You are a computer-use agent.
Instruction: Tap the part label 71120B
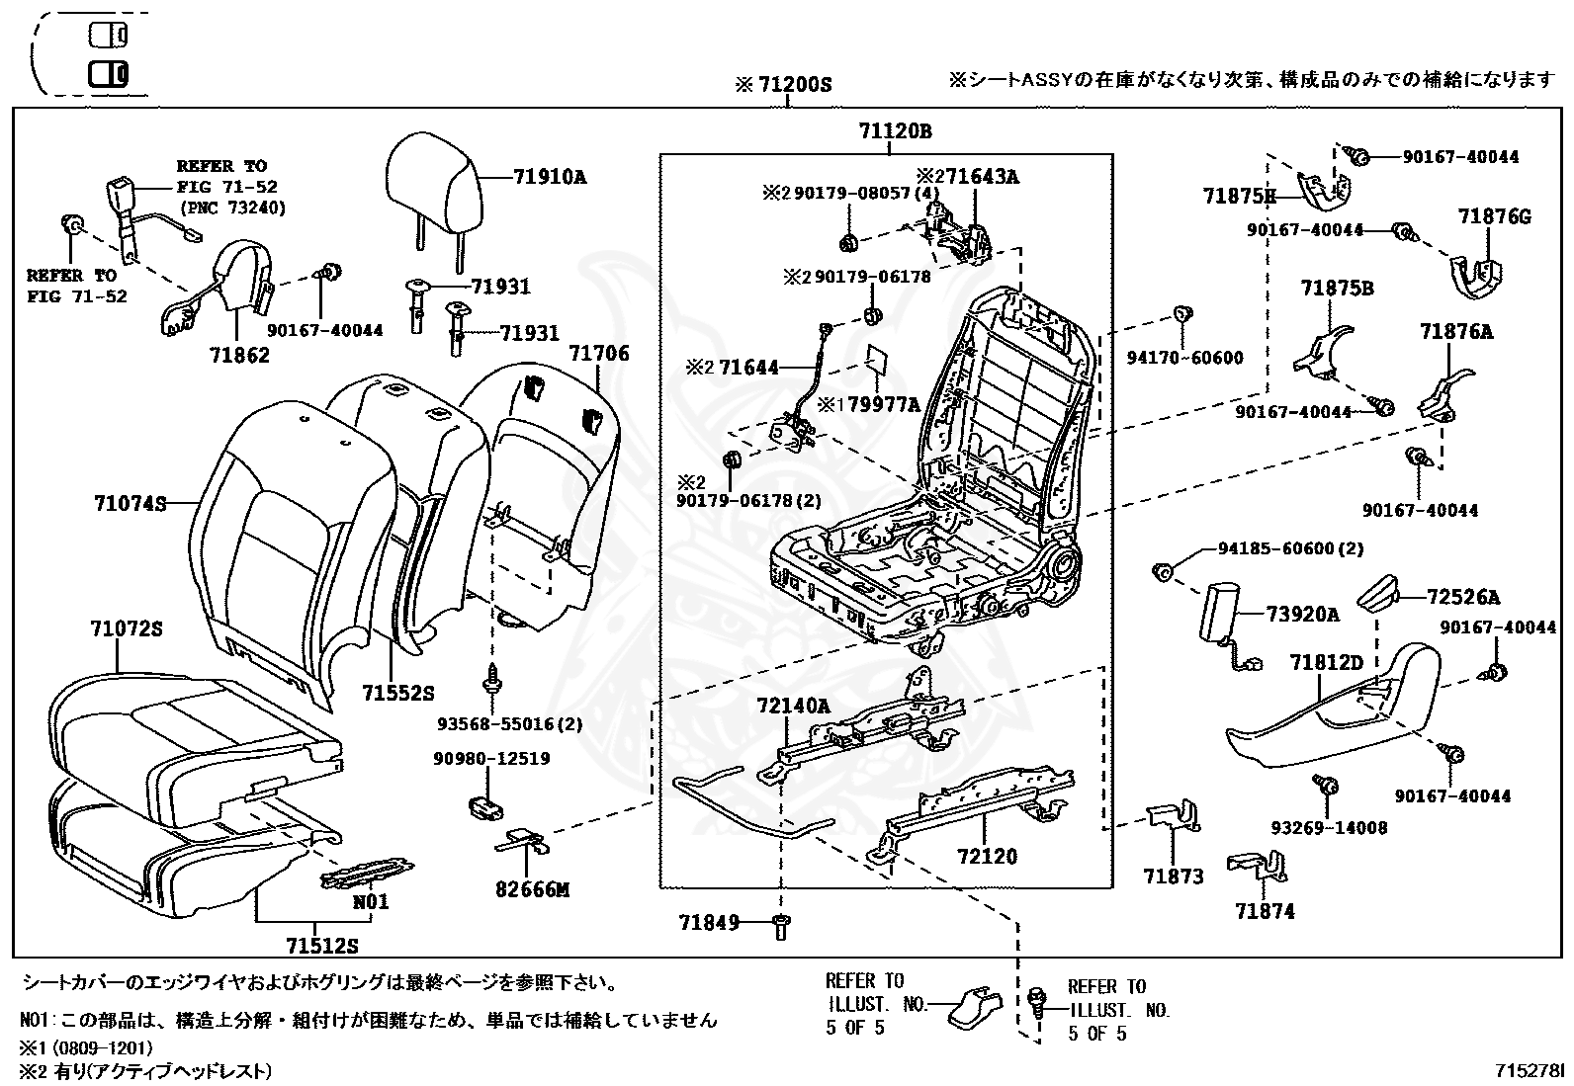895,131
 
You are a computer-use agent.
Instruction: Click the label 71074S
130,503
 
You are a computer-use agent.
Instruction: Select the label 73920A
1303,615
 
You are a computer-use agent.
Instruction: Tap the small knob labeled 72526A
1380,596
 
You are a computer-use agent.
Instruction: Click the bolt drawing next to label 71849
781,926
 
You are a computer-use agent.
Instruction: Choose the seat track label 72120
986,857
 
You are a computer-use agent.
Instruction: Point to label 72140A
793,706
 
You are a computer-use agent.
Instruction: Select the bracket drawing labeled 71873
1175,816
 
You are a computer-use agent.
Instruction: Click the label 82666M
532,889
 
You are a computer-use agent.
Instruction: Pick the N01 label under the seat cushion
371,901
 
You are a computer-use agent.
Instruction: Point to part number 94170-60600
1184,358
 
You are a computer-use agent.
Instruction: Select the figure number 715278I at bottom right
1530,1071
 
